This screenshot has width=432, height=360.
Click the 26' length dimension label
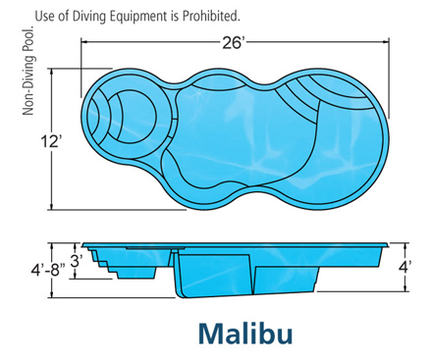[x=234, y=43]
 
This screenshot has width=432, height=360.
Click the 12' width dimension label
[x=51, y=142]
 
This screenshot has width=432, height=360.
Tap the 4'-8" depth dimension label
[x=48, y=271]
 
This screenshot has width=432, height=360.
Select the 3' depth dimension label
[x=78, y=261]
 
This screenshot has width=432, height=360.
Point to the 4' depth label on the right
[x=405, y=267]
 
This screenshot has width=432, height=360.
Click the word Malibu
[x=245, y=334]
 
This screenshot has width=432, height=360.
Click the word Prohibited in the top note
[x=211, y=16]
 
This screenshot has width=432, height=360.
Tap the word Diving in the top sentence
[x=87, y=17]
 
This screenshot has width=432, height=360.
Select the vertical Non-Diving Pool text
[x=28, y=71]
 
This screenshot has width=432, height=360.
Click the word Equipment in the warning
[x=136, y=17]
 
